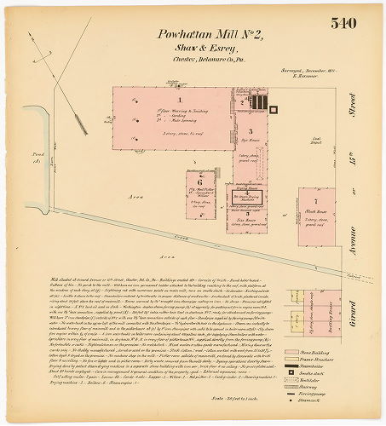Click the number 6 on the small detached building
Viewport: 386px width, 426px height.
(x=199, y=181)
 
